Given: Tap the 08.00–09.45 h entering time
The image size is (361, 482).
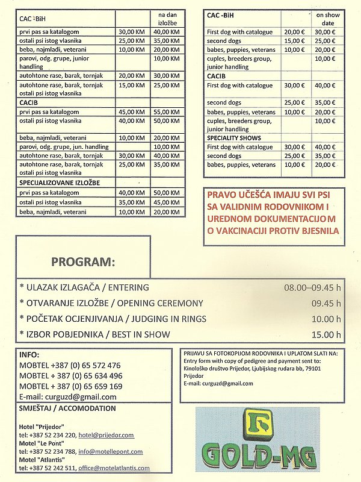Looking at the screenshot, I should coord(312,287).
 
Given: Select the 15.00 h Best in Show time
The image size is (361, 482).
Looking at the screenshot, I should coord(326,334).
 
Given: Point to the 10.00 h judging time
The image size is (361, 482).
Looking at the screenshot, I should coord(326,319).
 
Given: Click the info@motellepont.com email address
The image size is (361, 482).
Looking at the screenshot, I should coord(110,451).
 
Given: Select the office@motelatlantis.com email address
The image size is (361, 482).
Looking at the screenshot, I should coord(116,468).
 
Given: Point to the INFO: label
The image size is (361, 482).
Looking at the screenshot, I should coord(29,354).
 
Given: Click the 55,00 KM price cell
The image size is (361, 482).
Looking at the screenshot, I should coord(166,112).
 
